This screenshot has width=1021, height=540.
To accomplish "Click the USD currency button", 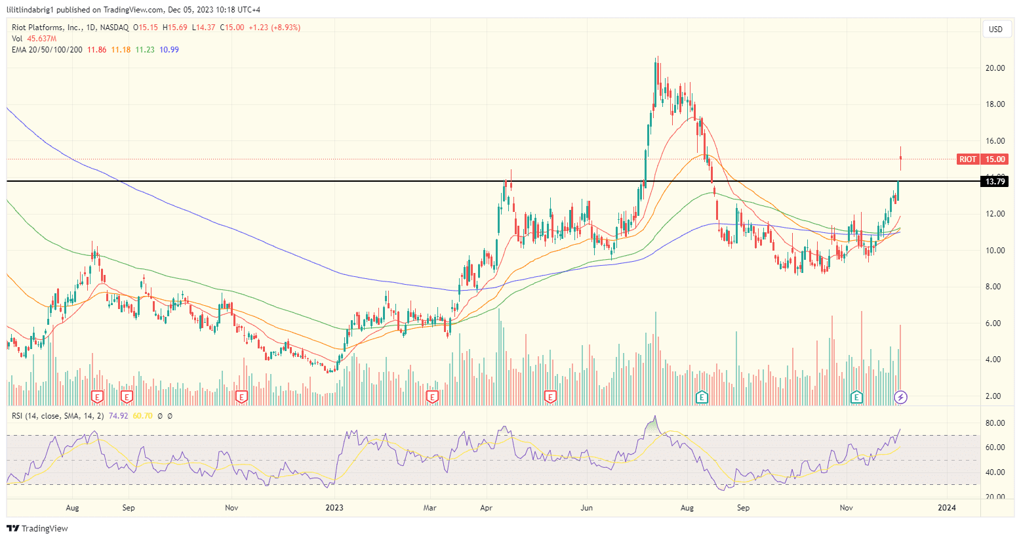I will (x=995, y=29).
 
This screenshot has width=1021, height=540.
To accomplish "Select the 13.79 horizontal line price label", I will (x=995, y=181).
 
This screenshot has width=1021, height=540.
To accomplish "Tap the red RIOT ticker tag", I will (x=967, y=159).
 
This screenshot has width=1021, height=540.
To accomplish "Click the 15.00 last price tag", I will (x=995, y=159).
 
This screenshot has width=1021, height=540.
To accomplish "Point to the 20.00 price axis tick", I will (x=995, y=68).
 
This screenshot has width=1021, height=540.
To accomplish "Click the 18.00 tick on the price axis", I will (x=995, y=104).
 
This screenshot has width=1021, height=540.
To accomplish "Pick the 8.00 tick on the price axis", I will (x=995, y=287).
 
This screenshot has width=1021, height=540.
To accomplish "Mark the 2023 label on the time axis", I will (x=334, y=508).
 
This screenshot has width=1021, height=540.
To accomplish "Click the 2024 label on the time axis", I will (x=946, y=508).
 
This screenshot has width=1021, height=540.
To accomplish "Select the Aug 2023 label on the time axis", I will (x=687, y=508).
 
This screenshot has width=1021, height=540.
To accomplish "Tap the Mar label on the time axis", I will (x=430, y=508).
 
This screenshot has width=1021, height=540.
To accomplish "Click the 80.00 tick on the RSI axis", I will (x=995, y=423).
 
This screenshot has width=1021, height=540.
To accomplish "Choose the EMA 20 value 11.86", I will (x=96, y=50).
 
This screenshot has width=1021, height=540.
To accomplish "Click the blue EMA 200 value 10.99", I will (x=169, y=50).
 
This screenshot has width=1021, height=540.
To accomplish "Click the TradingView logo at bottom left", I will (x=37, y=528).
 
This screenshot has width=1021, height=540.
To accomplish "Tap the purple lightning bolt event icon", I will (x=901, y=397).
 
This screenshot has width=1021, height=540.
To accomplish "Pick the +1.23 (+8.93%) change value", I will (x=274, y=28).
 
